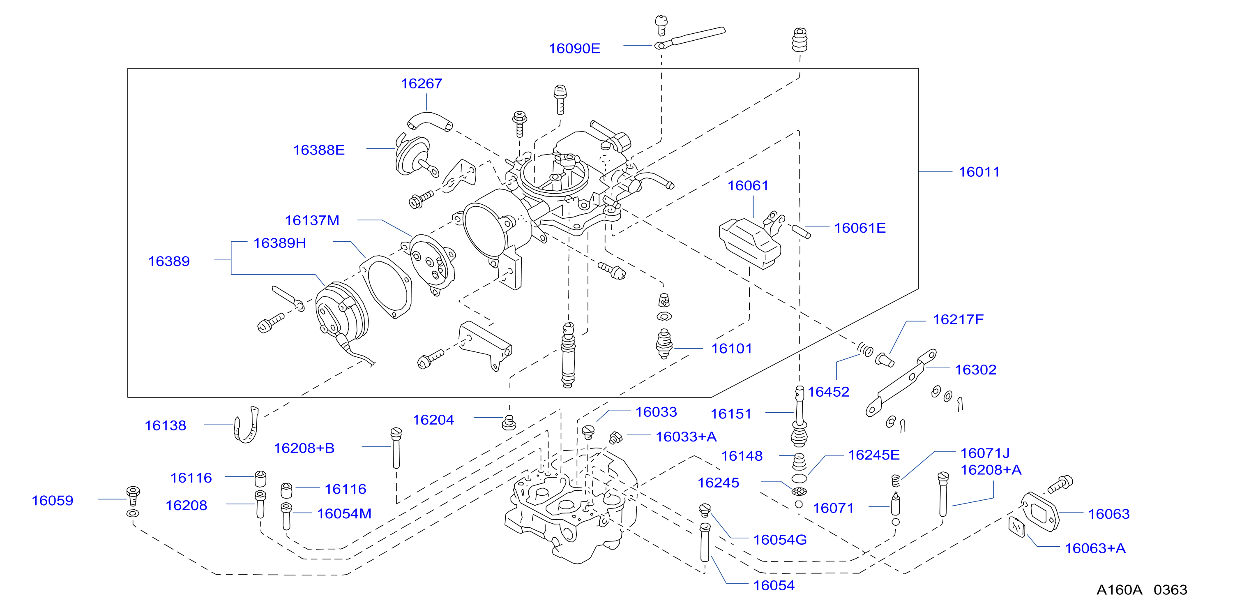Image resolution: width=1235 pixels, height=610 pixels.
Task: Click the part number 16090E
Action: (574, 49)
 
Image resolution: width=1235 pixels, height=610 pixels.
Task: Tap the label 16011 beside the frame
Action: (979, 172)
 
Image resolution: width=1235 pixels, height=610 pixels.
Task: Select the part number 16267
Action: (422, 83)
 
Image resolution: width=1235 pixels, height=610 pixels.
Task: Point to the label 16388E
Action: (319, 150)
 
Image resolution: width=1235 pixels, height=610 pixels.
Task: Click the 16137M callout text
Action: (312, 220)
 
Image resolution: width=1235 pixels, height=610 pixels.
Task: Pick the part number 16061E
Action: (859, 228)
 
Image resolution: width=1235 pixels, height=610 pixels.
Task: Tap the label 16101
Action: (732, 349)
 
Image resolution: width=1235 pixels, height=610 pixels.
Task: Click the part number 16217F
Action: (958, 319)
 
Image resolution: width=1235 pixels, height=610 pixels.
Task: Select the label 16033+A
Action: (686, 437)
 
